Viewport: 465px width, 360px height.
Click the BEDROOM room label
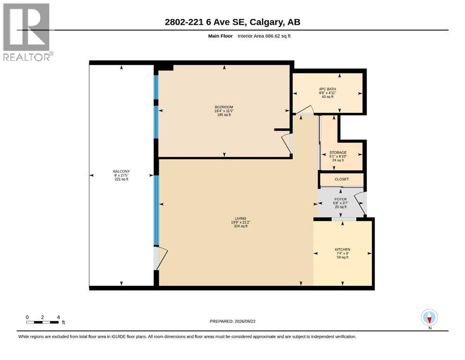[224, 107]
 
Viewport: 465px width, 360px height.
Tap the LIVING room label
[241, 218]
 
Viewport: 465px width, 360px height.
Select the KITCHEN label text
[342, 249]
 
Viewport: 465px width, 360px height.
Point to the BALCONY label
[121, 172]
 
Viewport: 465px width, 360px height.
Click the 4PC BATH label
[327, 89]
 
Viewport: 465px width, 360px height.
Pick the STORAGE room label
[338, 152]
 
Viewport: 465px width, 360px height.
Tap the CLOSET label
[342, 179]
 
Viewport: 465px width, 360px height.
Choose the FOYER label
[340, 199]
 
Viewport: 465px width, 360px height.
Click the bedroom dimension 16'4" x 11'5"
[224, 111]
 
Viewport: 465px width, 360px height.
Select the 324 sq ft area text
[241, 226]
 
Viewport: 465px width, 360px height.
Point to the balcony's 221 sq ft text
[121, 179]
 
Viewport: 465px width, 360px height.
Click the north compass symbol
[429, 318]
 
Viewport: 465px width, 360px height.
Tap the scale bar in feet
[43, 322]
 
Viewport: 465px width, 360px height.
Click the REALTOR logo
[28, 32]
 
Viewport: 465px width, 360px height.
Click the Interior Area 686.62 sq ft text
[264, 36]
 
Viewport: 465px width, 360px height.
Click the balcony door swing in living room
[161, 258]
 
